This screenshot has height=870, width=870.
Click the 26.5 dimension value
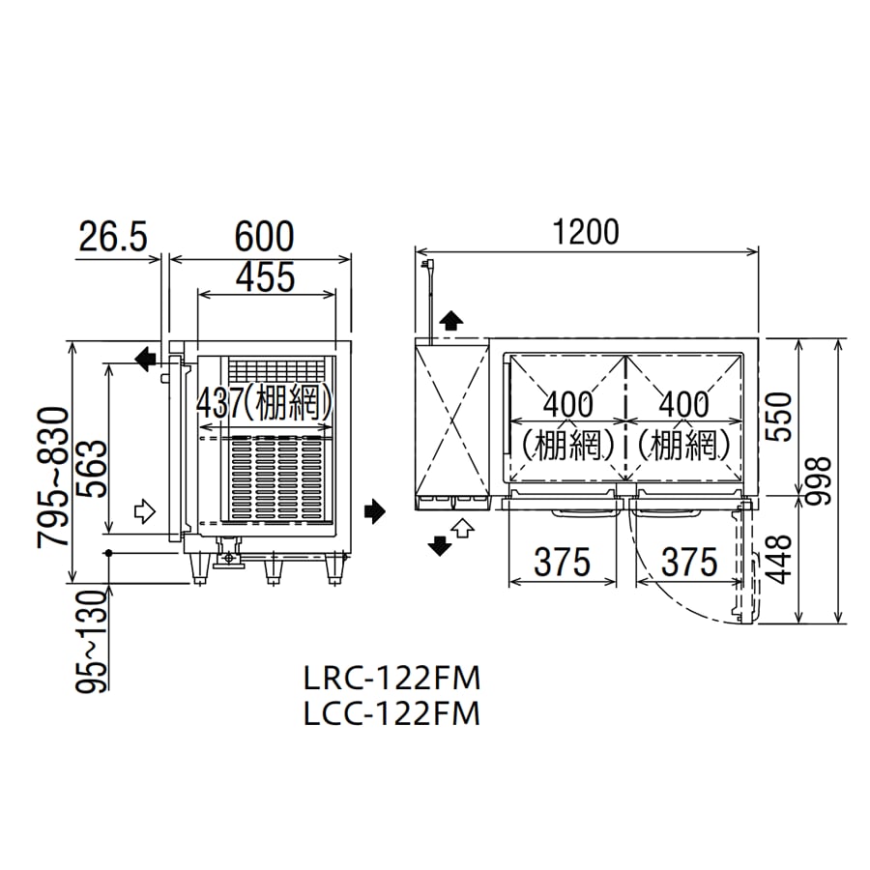113,237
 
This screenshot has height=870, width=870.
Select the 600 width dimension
264,237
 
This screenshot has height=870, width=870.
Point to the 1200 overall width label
587,232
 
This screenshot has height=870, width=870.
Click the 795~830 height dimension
53,478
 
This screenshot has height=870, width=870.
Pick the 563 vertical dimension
91,469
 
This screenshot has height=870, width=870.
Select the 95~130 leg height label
91,642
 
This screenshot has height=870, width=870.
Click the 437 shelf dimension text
219,403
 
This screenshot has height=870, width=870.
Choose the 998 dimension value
819,480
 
